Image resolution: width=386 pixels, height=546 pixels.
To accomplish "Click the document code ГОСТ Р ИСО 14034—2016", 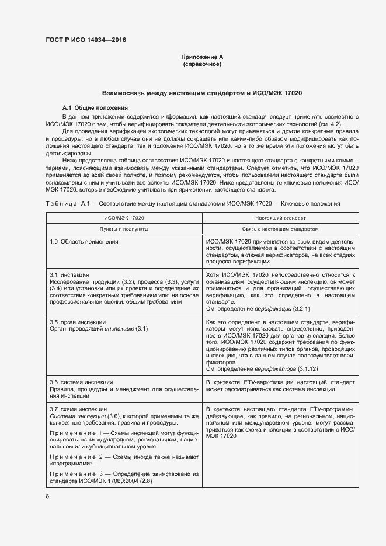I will pyautogui.click(x=86, y=40).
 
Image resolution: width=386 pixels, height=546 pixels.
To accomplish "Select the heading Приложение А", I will pyautogui.click(x=202, y=57).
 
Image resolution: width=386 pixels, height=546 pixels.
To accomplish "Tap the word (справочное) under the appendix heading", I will pyautogui.click(x=202, y=64).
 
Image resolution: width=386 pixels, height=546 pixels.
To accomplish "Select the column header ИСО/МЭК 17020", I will pyautogui.click(x=123, y=217).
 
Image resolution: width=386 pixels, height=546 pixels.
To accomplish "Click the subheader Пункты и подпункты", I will pyautogui.click(x=123, y=229).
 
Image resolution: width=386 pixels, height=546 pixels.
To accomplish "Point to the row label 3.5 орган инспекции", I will pyautogui.click(x=78, y=322).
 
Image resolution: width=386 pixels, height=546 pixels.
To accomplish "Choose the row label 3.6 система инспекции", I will pyautogui.click(x=80, y=381).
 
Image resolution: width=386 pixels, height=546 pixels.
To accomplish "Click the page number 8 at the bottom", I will pyautogui.click(x=47, y=496).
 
